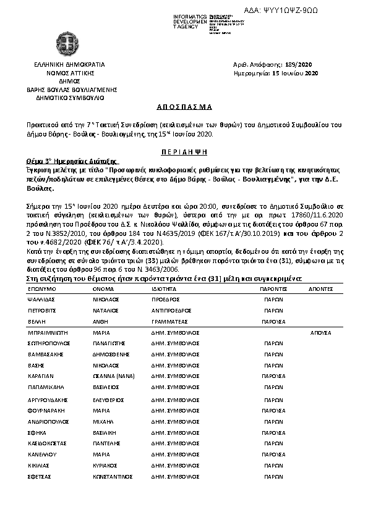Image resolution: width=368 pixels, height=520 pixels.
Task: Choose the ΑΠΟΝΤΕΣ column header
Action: pos(320,287)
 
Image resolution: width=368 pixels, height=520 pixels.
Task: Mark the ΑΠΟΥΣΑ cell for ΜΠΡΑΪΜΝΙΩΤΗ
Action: pos(320,332)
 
